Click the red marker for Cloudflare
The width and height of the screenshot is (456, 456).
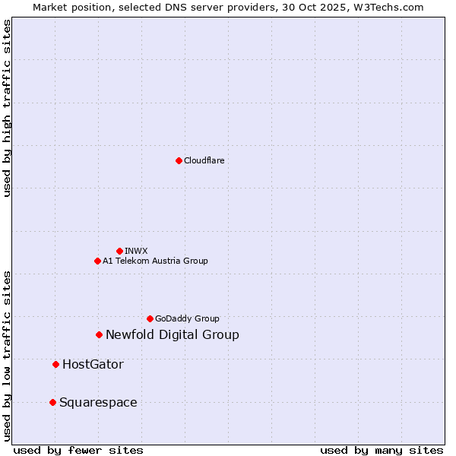[179, 160]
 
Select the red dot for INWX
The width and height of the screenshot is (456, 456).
[119, 251]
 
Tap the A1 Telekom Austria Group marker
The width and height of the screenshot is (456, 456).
[97, 261]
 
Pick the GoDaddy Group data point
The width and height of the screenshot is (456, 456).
[150, 318]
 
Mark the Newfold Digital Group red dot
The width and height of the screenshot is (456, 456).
[99, 334]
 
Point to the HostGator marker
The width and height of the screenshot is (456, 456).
[55, 364]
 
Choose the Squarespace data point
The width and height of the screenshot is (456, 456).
[52, 402]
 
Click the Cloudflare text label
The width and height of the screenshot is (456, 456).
[204, 160]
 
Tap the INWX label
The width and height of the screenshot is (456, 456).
[136, 251]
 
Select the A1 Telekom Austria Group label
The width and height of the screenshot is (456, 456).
[155, 261]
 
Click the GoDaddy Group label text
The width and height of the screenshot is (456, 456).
[187, 318]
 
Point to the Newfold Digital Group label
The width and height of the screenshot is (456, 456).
[173, 334]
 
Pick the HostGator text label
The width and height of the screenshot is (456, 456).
[93, 364]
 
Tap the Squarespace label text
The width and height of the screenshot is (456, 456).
[98, 402]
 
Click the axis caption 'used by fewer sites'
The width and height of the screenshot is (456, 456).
[78, 450]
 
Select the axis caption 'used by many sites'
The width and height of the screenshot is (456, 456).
[382, 450]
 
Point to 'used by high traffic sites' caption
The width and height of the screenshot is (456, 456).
[8, 108]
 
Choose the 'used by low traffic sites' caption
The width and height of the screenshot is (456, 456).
[8, 355]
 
